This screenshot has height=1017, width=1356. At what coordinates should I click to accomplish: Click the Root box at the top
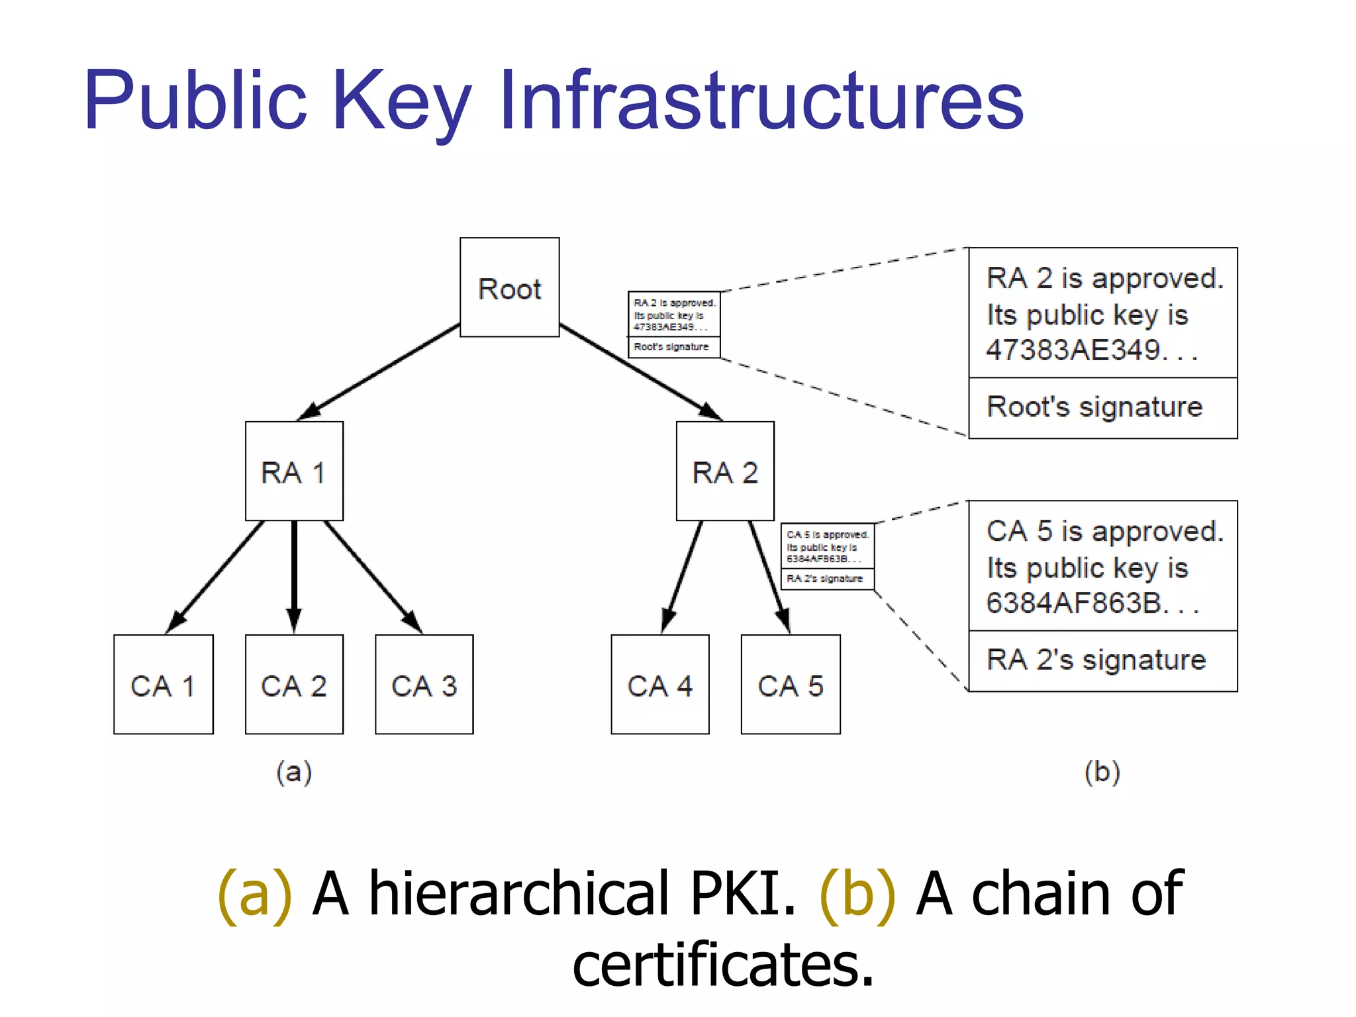coord(509,287)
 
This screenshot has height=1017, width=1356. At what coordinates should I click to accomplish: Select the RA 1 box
coord(294,471)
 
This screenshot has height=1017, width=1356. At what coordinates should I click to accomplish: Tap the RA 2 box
coord(725,471)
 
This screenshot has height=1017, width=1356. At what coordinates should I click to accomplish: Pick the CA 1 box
coord(163,685)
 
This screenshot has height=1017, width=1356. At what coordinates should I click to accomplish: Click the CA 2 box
coord(294,685)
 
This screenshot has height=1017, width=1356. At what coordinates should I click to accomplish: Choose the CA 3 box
coord(424,685)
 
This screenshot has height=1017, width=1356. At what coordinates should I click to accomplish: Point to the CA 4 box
coord(660,685)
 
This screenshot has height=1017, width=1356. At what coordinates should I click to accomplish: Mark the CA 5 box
coord(791,685)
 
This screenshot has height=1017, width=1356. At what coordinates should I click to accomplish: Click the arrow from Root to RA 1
coord(379,371)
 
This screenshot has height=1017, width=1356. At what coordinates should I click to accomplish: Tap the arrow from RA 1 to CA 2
coord(294,576)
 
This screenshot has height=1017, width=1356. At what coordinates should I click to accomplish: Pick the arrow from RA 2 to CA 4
coord(682,576)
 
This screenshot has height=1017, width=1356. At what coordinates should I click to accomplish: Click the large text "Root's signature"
coord(1094,407)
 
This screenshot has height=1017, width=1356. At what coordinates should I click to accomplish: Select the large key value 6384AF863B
coord(1074,603)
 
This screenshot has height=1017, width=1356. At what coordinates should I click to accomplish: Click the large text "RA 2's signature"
coord(1096,660)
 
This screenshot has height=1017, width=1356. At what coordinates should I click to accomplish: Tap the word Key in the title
coord(402,101)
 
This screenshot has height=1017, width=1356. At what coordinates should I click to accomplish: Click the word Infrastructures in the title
coord(761,101)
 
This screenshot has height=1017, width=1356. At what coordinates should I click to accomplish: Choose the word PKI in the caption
coord(742,894)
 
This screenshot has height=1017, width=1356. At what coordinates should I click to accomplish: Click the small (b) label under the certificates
coord(1102,772)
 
